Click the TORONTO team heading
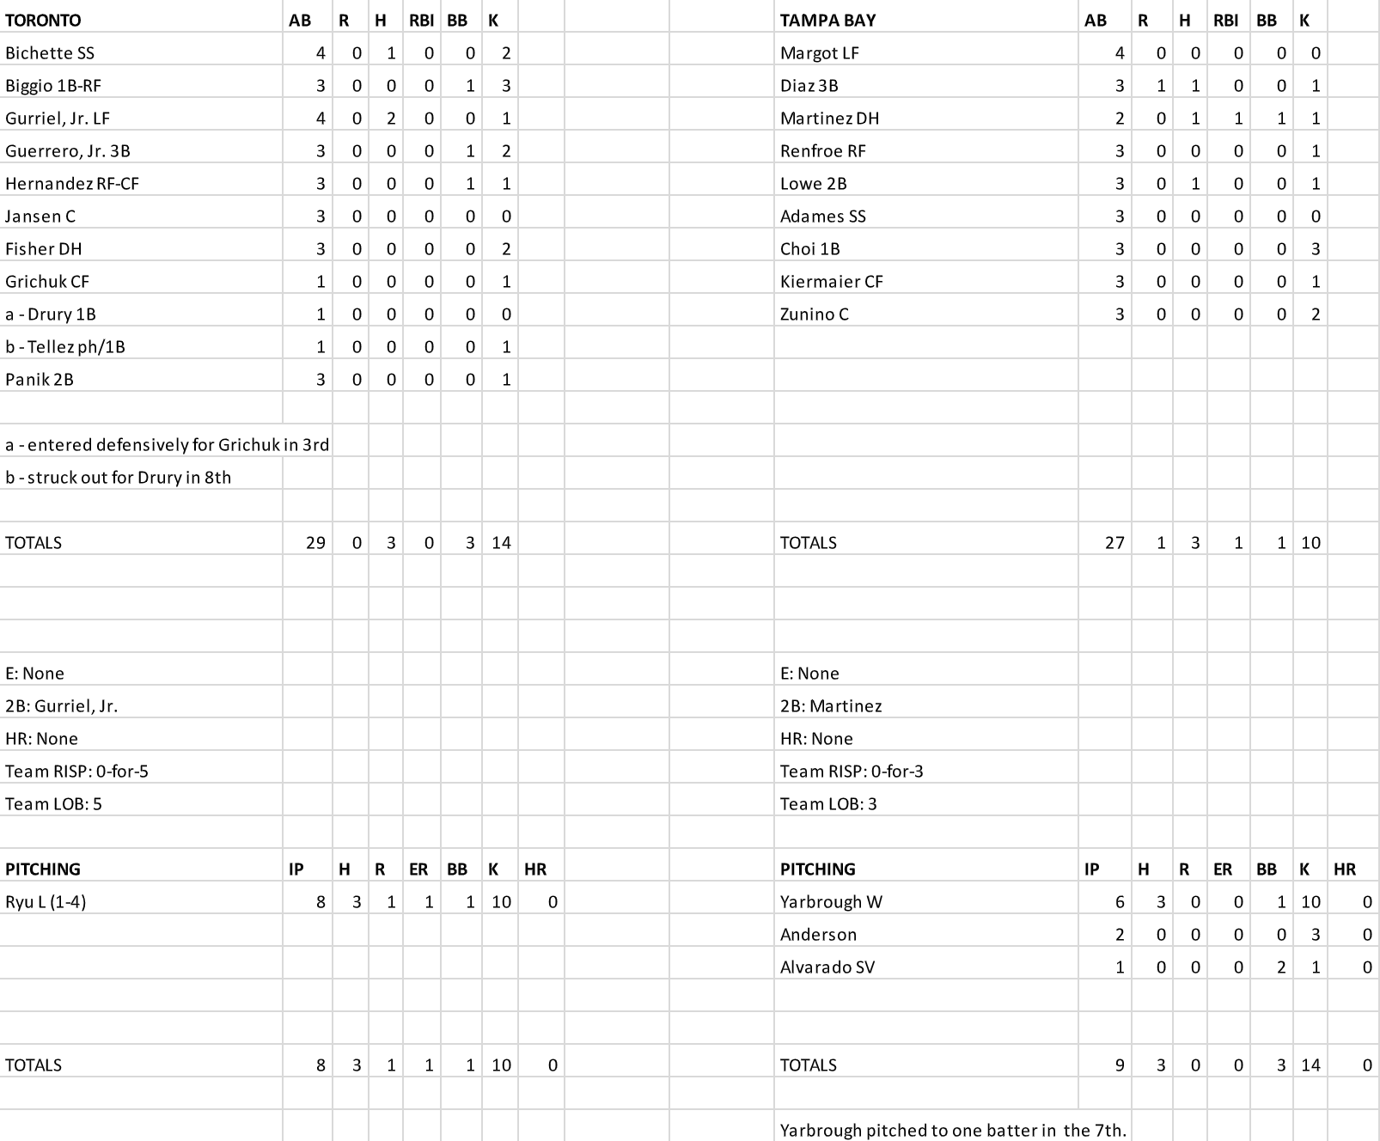43,21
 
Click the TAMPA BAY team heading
827,21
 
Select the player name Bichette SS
50,53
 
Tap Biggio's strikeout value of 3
506,86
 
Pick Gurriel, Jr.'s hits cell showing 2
391,119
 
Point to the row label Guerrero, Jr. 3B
68,151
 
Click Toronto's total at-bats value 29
315,543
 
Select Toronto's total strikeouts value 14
501,543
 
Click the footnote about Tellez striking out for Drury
119,478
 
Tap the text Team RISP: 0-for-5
76,772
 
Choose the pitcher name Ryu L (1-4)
46,902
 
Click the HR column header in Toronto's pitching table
534,869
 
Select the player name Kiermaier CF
831,282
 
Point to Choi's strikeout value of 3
1315,249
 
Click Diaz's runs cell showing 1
1161,86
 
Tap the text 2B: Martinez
831,706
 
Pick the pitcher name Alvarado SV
827,967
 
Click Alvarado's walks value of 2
1280,967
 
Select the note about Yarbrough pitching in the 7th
953,1131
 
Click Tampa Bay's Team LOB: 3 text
828,804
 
